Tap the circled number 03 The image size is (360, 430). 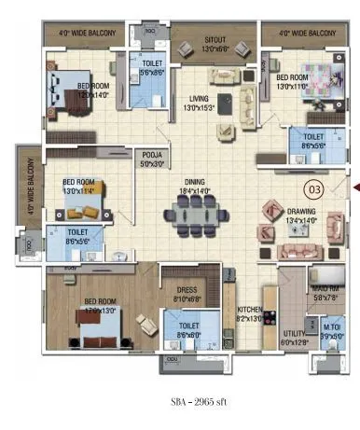click(314, 189)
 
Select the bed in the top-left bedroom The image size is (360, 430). click(73, 88)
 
